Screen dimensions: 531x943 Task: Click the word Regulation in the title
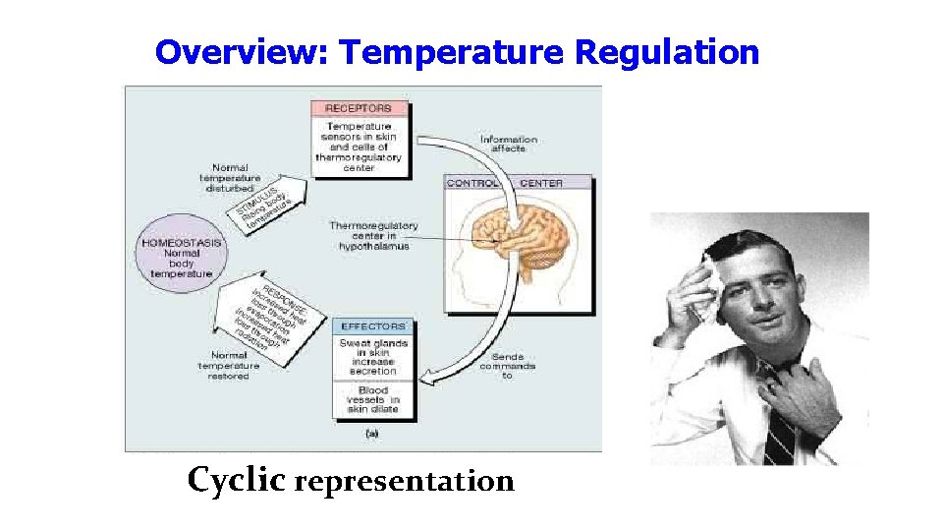(667, 52)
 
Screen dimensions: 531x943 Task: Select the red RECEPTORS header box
(359, 107)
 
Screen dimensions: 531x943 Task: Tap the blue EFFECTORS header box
(373, 325)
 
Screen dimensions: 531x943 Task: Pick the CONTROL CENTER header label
(519, 183)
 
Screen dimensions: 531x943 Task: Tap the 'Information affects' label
(509, 145)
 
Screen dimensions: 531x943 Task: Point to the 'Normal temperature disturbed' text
(230, 179)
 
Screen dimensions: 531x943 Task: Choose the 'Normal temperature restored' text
(229, 366)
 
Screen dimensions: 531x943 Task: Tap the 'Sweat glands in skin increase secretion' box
(373, 357)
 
